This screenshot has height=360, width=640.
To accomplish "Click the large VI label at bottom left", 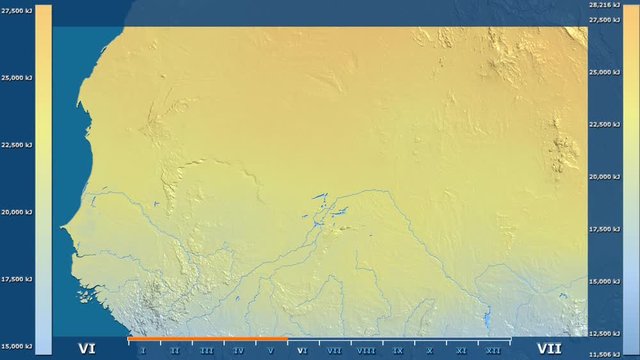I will tap(87, 348).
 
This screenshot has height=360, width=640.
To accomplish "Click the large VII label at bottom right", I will tap(549, 348).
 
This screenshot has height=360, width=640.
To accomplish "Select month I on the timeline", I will tap(143, 351).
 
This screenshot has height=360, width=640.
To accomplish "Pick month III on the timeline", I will tap(206, 351).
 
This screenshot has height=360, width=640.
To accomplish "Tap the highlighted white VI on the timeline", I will tap(302, 351).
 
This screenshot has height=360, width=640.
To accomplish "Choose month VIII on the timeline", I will tap(366, 351).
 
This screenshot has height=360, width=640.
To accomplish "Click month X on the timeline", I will tap(430, 351).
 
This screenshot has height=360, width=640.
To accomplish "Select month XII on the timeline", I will tap(493, 351).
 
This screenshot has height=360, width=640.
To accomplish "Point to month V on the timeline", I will tap(270, 351).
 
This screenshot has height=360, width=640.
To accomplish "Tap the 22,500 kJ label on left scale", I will tap(17, 144).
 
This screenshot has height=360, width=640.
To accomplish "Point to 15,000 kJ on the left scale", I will tap(17, 346).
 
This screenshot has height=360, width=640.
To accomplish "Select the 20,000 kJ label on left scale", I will tap(17, 212).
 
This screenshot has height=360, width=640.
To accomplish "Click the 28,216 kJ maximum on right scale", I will tap(603, 7).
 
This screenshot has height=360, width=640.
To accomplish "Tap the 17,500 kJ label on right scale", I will tap(603, 229).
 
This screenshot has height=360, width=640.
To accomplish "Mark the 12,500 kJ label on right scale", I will tap(603, 333).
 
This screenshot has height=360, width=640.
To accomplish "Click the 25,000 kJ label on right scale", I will tap(603, 72).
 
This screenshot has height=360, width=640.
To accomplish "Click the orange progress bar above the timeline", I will tap(207, 339).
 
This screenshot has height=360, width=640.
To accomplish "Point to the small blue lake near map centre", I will tap(319, 197).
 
